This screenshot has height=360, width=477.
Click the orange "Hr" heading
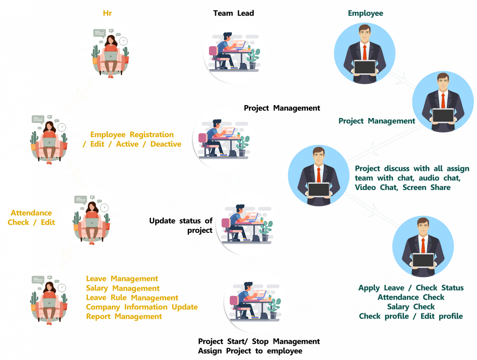(x=107, y=13)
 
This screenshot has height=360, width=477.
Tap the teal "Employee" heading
(x=365, y=13)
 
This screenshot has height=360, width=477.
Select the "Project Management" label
(x=376, y=121)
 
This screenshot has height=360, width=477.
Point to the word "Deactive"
(x=166, y=144)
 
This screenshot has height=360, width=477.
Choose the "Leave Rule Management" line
(x=132, y=298)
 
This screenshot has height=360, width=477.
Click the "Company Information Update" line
(x=142, y=307)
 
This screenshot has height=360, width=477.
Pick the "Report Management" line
(x=124, y=317)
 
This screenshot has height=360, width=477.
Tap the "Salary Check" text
(x=411, y=307)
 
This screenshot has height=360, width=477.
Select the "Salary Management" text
(x=123, y=288)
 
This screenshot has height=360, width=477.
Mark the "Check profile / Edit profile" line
(x=411, y=316)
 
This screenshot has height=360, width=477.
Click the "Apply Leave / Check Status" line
(x=411, y=288)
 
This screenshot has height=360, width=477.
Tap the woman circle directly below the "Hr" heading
(x=109, y=52)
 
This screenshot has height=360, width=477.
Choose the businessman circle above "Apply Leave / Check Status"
(x=423, y=246)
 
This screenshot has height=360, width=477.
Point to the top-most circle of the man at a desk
(x=232, y=52)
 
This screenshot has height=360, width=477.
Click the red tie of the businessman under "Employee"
(x=365, y=52)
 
